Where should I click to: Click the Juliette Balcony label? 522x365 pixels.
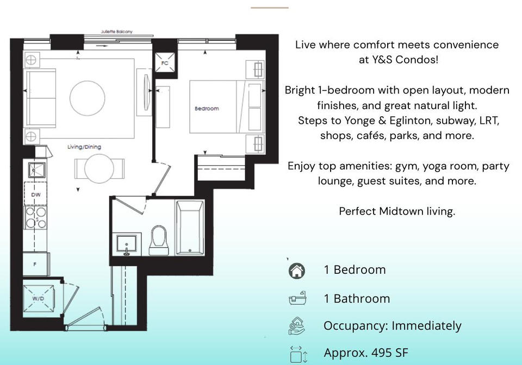pos(116,32)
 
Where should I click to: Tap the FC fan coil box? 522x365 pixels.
pos(165,63)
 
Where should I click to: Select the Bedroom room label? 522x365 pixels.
pos(207,109)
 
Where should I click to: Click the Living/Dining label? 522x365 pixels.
pos(84,147)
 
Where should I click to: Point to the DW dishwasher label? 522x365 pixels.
pos(36,194)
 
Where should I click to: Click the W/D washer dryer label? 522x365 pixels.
pos(38,299)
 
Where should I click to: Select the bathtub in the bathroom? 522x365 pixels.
pos(190,228)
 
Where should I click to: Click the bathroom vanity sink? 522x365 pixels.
pos(127,244)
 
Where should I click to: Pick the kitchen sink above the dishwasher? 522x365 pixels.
pos(36,169)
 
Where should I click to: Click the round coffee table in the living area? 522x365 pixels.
pos(87,98)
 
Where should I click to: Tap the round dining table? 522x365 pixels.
pos(99,168)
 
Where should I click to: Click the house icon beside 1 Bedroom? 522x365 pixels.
pos(297,270)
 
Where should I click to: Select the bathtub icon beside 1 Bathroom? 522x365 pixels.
pos(297,298)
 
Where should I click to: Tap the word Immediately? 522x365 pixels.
pos(426,326)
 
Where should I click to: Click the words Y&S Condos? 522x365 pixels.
pos(399,60)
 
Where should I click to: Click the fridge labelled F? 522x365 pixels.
pos(36,265)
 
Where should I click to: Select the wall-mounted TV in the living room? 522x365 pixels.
pos(146,92)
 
